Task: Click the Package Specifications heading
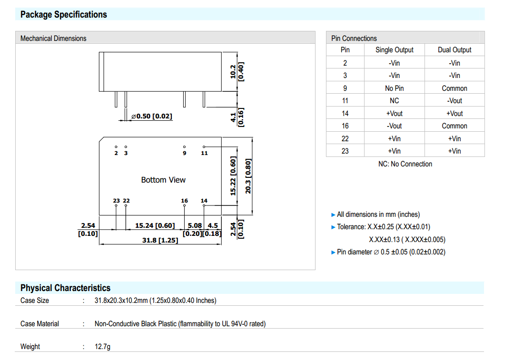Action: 64,14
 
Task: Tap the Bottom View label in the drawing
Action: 163,180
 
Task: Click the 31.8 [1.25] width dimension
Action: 160,241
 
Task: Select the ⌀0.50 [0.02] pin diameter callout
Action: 152,117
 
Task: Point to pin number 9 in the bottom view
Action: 185,153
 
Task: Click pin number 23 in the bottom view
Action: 116,201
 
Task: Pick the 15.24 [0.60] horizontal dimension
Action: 155,225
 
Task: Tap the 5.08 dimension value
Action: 195,225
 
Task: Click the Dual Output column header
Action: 454,50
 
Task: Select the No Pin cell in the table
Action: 395,88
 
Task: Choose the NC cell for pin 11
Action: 395,101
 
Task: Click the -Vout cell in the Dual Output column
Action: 454,101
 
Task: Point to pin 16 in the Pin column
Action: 345,126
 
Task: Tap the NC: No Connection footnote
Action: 405,164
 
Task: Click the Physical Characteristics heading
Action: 65,288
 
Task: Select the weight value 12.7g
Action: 102,347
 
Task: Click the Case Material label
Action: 39,324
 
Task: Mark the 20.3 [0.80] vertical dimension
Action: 248,176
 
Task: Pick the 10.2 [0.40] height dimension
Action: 237,71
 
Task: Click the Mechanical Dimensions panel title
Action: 53,39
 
